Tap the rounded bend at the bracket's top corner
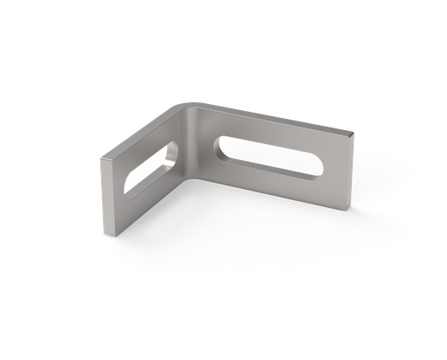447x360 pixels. tap(186, 107)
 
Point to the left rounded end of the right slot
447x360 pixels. tap(221, 145)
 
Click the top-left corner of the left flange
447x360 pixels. tap(100, 158)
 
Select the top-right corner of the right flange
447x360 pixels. tap(354, 132)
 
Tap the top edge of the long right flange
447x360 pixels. tap(271, 116)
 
